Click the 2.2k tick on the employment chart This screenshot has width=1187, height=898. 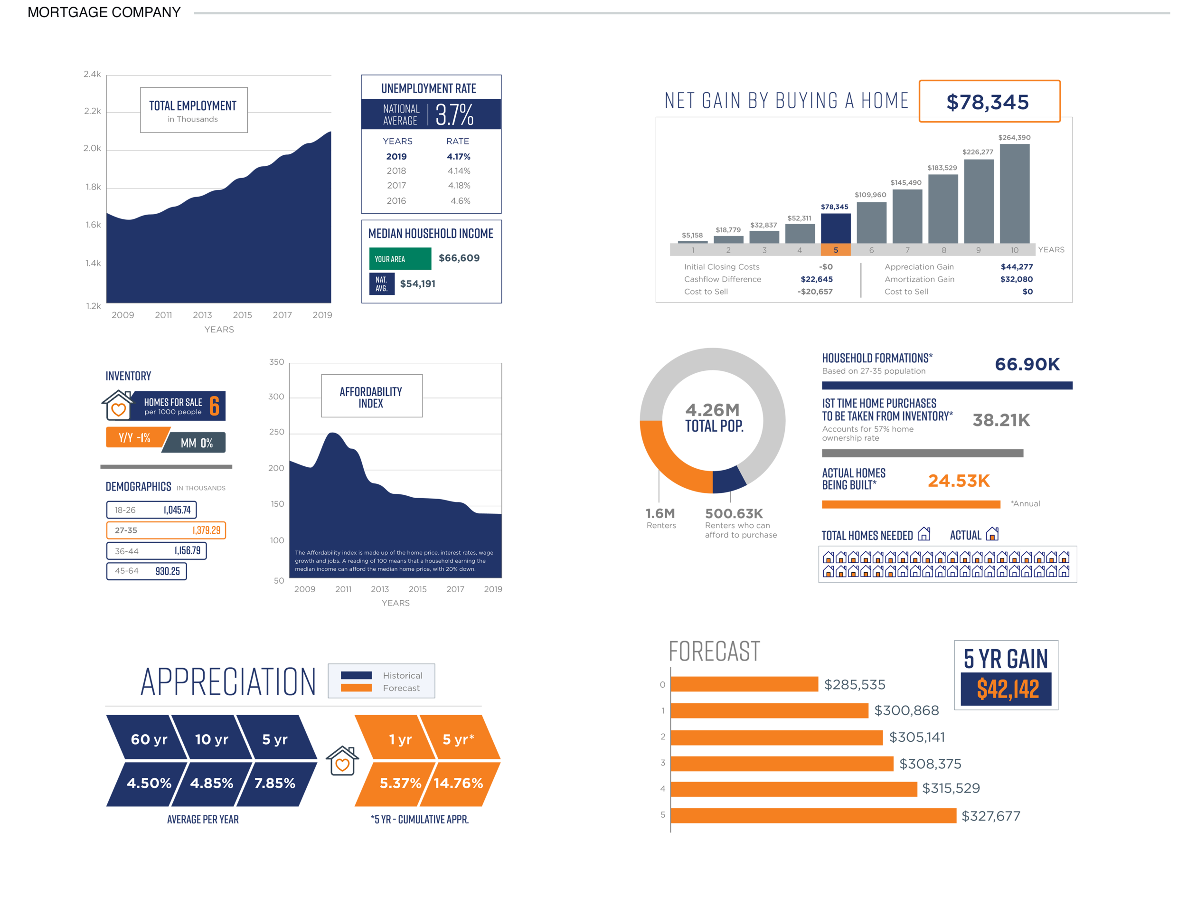tap(92, 111)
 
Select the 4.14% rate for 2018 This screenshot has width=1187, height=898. tap(459, 170)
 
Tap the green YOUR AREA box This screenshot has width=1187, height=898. tap(400, 259)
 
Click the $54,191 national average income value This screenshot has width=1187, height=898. tap(417, 284)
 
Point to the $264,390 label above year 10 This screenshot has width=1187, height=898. tap(1014, 137)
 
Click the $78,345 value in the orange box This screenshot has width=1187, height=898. tap(988, 102)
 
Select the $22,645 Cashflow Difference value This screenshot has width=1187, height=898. tap(816, 279)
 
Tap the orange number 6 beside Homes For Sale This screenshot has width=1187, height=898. tap(214, 406)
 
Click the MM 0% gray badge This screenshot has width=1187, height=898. tap(197, 443)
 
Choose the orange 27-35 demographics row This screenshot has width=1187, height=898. tap(166, 530)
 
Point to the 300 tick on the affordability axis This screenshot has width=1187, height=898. tap(276, 397)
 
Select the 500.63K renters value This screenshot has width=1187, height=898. tap(734, 514)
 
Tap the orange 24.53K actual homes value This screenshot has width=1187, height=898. tap(959, 481)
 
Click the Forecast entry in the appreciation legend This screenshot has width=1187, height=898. tap(401, 688)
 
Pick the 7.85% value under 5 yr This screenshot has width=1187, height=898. tap(274, 783)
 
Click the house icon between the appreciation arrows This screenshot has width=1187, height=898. tap(342, 761)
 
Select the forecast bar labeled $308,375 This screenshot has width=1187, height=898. tap(782, 763)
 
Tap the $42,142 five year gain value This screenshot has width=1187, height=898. tap(1007, 689)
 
